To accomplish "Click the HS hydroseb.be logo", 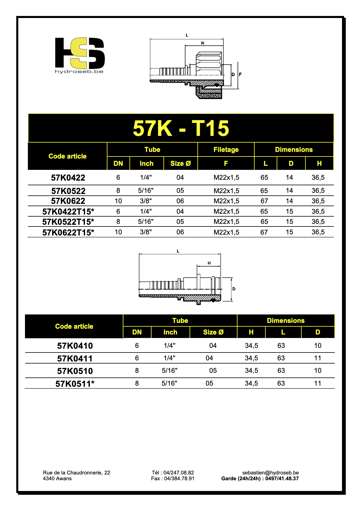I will pos(80,55).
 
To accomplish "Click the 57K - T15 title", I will pos(181,128).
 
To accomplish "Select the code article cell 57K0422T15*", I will pos(68,211).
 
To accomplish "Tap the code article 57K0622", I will pos(68,201).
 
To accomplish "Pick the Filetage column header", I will pos(226,150).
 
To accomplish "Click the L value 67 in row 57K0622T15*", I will pos(264,232).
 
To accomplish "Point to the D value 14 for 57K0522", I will pos(289,190).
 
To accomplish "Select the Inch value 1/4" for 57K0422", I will pos(146,177).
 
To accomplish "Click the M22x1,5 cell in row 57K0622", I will pos(226,201).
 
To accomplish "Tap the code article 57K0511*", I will pos(75,384).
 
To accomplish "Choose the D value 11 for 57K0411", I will pos(318,358).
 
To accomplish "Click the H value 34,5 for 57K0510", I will pos(251,370).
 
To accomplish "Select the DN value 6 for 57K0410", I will pos(137,346).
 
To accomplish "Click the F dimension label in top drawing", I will pos(240,75).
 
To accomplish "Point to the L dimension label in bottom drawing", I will pos(178,251).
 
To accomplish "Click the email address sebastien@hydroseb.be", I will pos(270,473).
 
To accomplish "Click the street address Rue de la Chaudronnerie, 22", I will pos(76,473).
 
